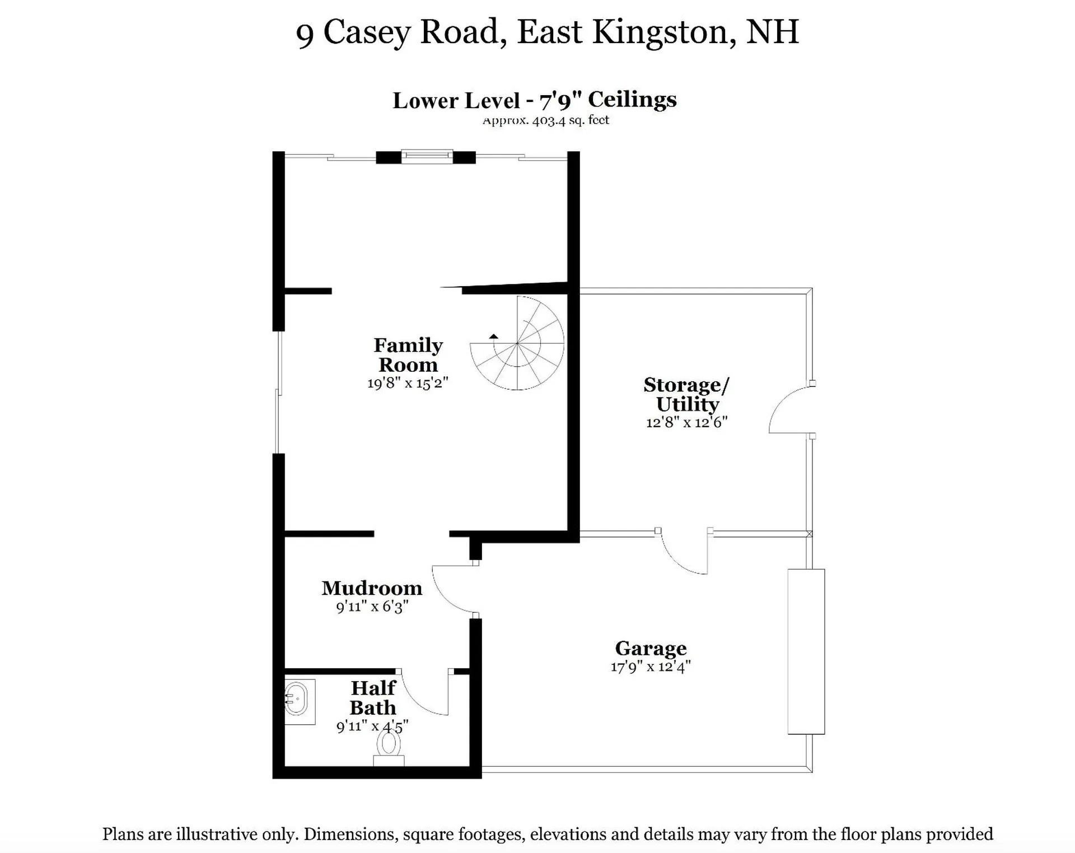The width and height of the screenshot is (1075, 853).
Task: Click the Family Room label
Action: click(x=408, y=355)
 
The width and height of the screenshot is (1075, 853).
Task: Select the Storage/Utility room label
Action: click(x=686, y=394)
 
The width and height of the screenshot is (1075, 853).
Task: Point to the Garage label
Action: click(x=651, y=648)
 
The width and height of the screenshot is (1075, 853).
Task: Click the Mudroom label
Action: click(x=372, y=588)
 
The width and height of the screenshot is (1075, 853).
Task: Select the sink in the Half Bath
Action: click(x=297, y=698)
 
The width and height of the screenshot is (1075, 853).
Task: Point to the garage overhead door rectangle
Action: click(x=806, y=651)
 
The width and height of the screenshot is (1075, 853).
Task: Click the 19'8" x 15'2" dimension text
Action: click(x=408, y=383)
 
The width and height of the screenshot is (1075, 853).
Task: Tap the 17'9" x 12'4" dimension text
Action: click(x=651, y=666)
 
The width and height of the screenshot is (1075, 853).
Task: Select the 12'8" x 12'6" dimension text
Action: click(x=686, y=422)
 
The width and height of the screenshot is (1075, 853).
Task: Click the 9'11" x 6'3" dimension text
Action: click(x=372, y=607)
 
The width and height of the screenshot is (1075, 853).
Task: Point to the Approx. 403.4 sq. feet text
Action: click(x=546, y=120)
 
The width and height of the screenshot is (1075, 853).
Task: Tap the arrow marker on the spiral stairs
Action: click(x=493, y=337)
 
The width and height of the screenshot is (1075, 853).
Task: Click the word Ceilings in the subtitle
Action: click(x=632, y=100)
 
